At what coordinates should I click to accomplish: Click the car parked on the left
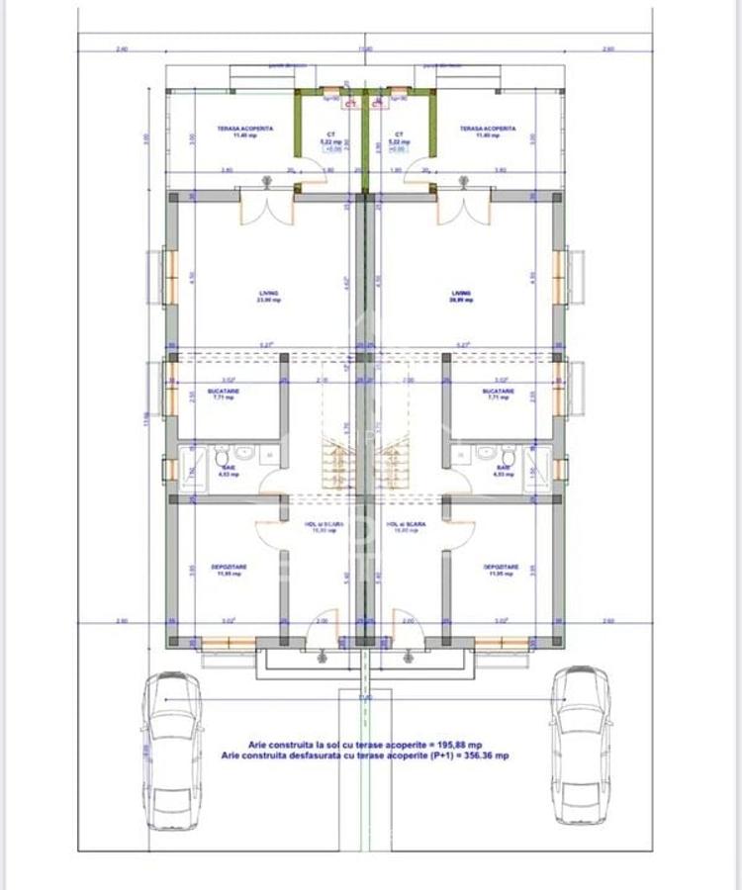pos(172,750)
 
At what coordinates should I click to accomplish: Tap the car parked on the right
pos(581,744)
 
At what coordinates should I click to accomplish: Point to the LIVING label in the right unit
pos(461,293)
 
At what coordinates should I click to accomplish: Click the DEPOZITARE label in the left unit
pos(229,567)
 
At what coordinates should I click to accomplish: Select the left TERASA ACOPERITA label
pos(245,129)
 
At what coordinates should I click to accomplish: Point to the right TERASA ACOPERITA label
pos(487,129)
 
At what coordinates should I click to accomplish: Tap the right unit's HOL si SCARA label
pos(408,525)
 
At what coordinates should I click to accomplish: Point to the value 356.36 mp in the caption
pos(487,755)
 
